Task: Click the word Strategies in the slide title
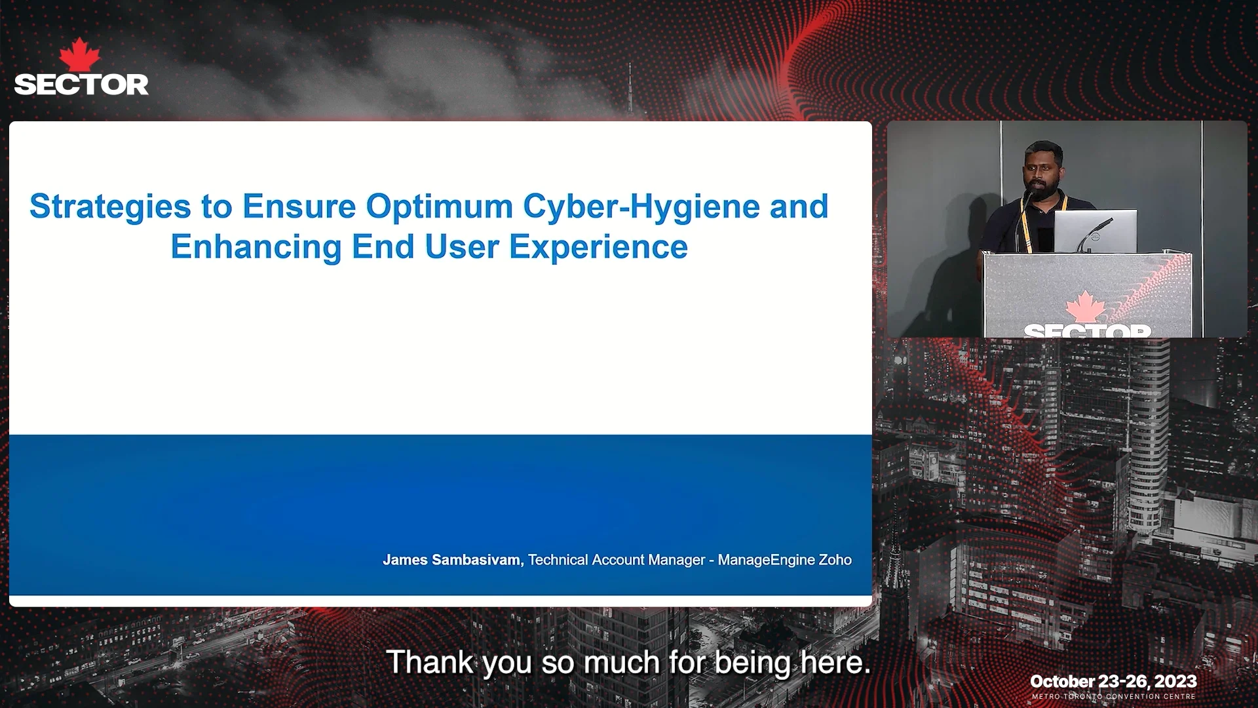110,207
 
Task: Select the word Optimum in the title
439,207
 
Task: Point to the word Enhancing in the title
256,248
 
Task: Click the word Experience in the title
598,248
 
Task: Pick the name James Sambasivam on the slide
453,560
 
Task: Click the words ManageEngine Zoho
784,560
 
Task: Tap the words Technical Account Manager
616,560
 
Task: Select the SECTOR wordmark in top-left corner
81,85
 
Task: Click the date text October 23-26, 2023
1113,682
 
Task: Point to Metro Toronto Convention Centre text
1113,696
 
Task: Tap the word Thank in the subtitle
429,662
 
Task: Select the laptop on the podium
1095,231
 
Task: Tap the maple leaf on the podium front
1086,307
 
